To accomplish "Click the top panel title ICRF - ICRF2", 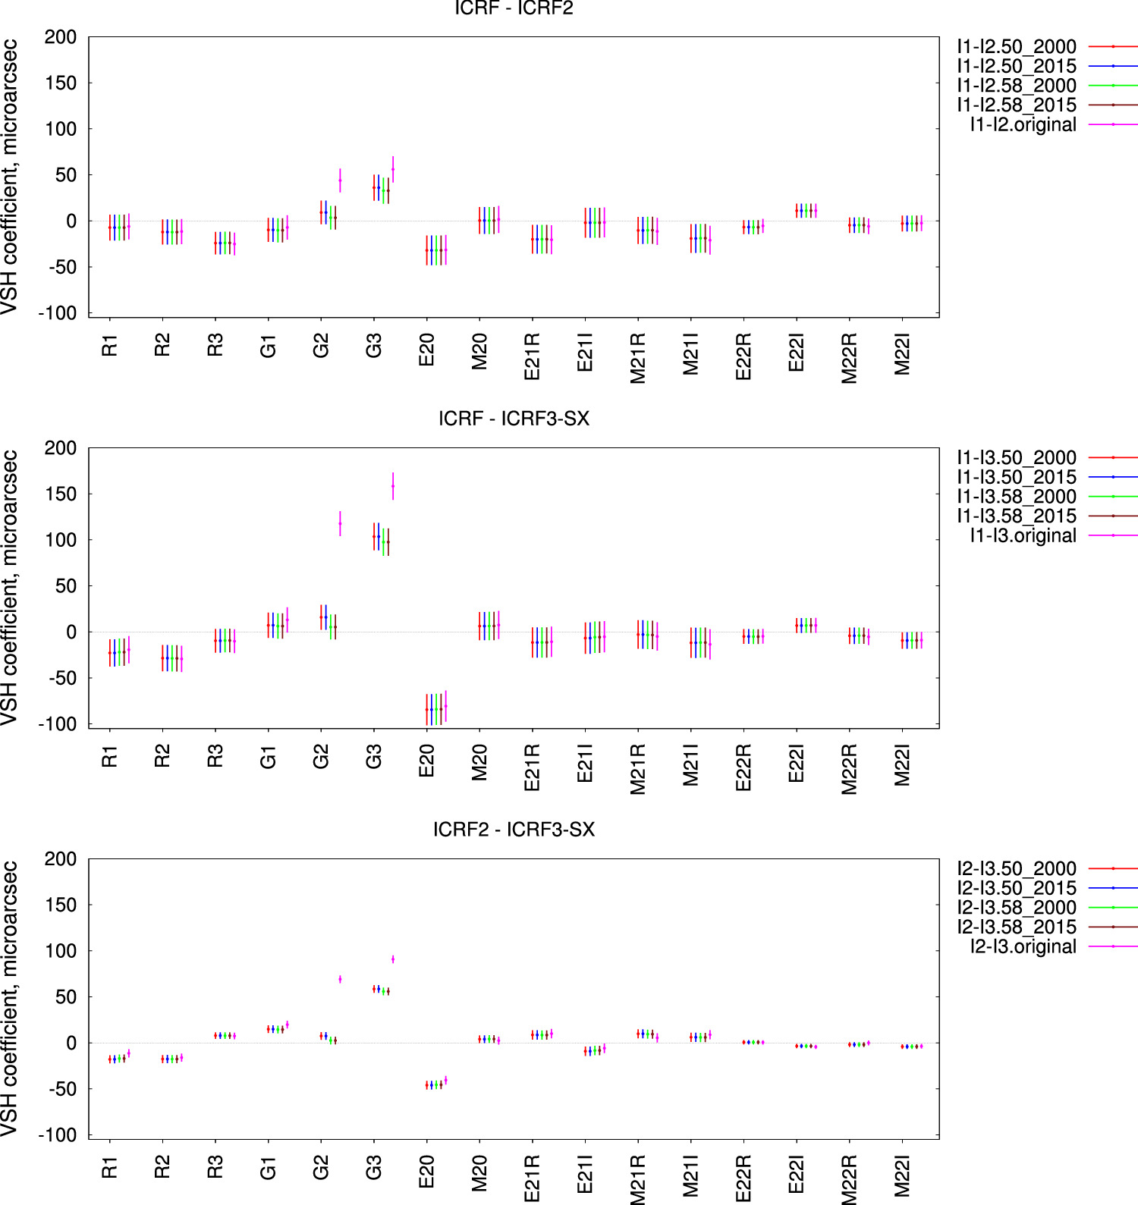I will click(x=514, y=8).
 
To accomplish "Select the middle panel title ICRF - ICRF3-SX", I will click(x=514, y=419).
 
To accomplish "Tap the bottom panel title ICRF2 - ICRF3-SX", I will click(x=514, y=830).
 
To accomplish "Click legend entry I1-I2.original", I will click(x=1023, y=124).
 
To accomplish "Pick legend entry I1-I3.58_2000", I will click(x=1016, y=497).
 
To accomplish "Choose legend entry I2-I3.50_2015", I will click(x=1016, y=888).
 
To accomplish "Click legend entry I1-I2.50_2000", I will click(x=1016, y=47).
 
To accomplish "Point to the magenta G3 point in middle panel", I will click(x=393, y=486).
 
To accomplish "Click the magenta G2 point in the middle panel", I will click(x=340, y=523).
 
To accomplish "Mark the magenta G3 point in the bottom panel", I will click(x=393, y=959).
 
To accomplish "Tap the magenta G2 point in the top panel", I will click(x=340, y=180).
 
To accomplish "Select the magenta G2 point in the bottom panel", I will click(x=340, y=979).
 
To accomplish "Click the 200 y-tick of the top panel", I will click(x=61, y=37).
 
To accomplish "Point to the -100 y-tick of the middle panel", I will click(x=58, y=724).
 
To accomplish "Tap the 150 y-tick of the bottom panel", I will click(x=61, y=905).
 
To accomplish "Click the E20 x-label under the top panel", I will click(x=427, y=350).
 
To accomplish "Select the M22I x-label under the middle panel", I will click(x=902, y=765).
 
